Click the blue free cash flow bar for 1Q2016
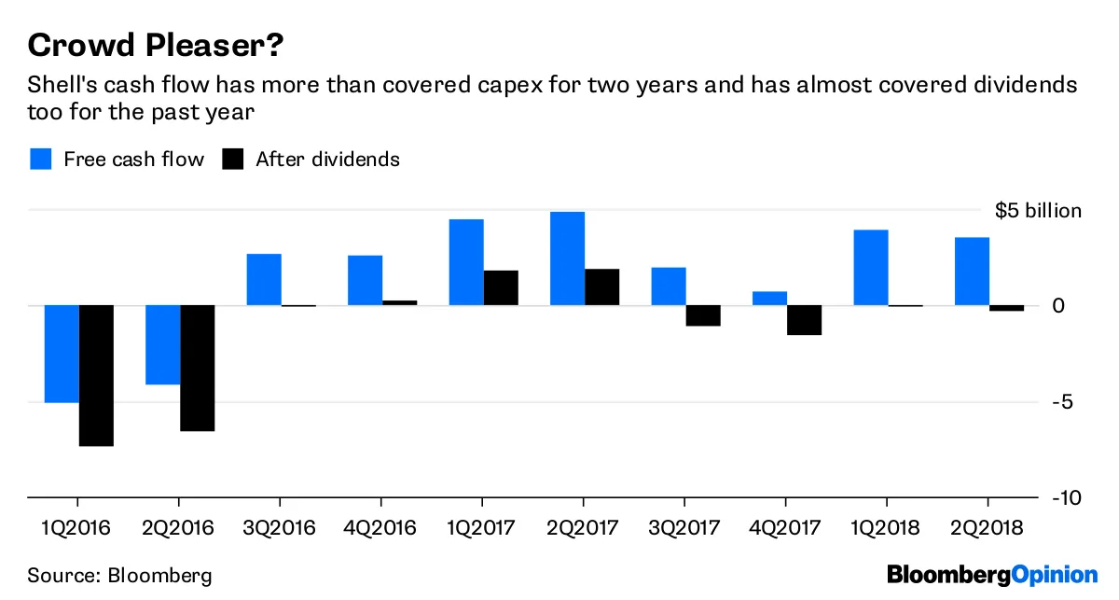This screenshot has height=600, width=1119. point(62,354)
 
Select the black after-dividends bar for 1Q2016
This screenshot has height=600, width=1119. point(96,375)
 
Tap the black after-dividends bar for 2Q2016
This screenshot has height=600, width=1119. point(198,368)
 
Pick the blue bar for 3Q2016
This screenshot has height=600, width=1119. point(264,280)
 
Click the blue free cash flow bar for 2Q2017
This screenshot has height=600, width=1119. point(567,258)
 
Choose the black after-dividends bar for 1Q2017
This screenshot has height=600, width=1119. point(501,287)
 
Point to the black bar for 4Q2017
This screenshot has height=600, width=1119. point(804,320)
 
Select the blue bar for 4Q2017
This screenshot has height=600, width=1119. point(769,299)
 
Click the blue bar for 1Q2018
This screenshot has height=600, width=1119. point(870,268)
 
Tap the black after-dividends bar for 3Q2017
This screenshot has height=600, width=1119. point(703,315)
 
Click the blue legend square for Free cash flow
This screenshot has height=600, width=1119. point(40,159)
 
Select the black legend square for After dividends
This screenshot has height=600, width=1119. point(232,159)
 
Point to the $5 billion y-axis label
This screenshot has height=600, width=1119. point(1038,211)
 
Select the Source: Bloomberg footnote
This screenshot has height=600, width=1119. point(119,575)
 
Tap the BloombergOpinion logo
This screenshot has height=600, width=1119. point(992,574)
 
